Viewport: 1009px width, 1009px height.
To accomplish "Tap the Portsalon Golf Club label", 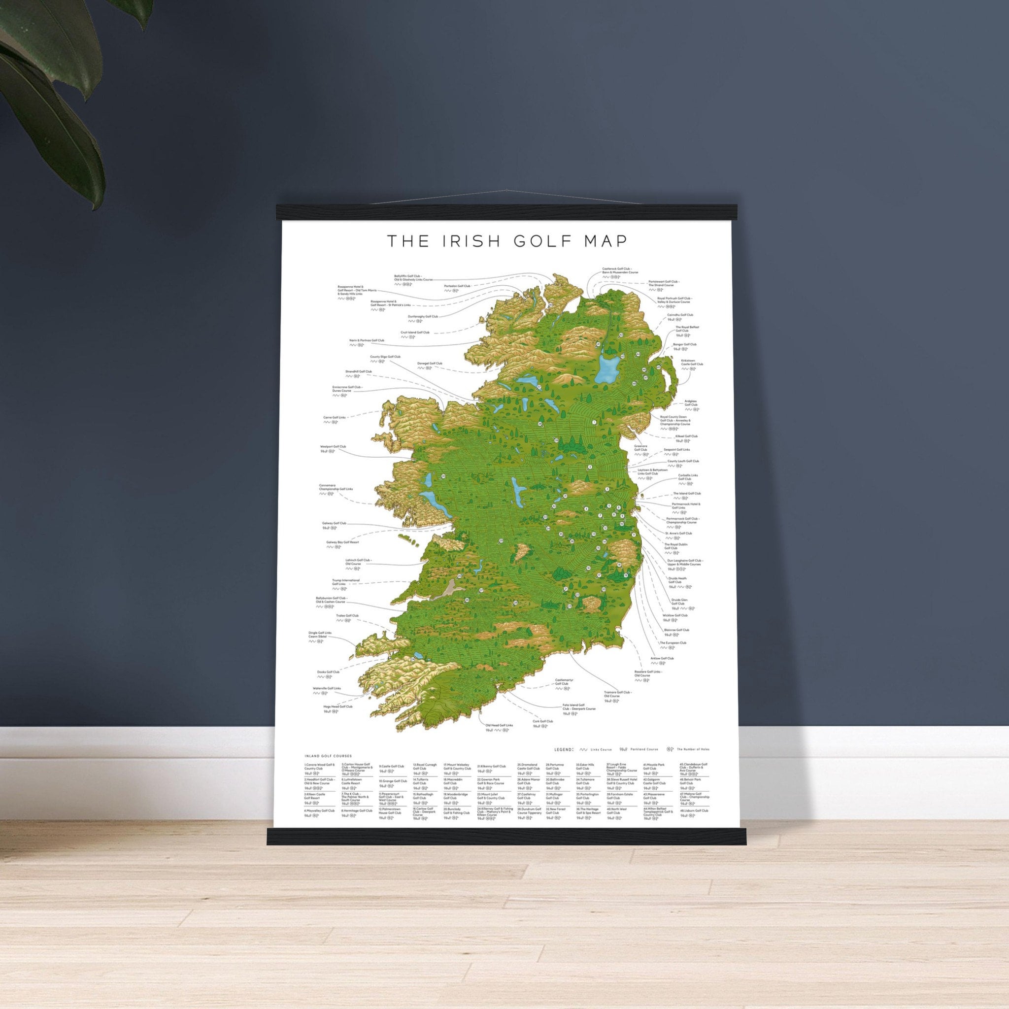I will pos(457,286).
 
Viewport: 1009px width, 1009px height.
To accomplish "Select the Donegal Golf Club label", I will pos(429,364).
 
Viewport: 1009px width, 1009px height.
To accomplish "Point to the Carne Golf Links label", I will pos(335,418).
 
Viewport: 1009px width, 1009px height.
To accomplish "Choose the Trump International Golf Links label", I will pos(346,582).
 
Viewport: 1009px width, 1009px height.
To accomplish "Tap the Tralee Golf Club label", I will pos(347,616).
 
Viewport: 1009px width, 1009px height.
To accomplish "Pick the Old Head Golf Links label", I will pos(499,725).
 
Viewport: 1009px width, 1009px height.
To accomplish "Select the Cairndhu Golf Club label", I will pos(680,315).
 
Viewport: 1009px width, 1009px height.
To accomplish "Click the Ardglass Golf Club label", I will pos(690,403).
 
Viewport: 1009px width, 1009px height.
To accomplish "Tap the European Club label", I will pos(673,643).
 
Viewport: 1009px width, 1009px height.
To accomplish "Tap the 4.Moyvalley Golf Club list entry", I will pos(319,825).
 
